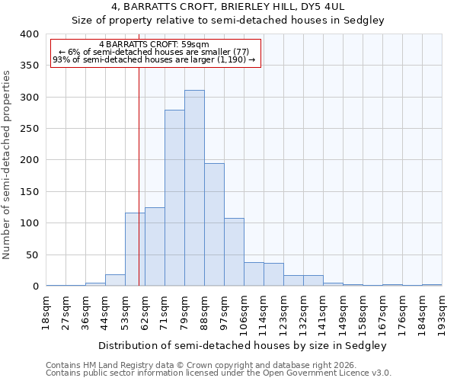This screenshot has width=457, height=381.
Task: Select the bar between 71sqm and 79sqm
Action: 174,198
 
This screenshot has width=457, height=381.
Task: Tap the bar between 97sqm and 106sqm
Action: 234,252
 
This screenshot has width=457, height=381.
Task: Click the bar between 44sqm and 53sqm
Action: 115,280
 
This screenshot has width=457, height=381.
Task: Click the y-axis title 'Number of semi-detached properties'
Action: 8,164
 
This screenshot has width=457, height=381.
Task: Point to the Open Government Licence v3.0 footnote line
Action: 219,373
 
